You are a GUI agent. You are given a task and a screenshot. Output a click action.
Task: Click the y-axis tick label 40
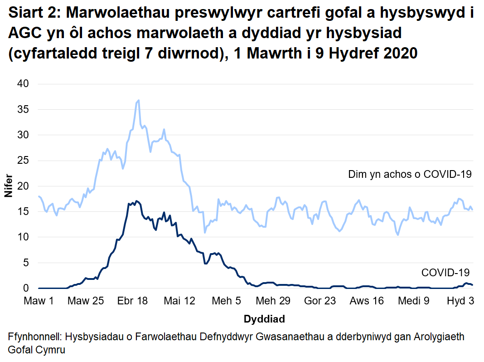[x=23, y=84]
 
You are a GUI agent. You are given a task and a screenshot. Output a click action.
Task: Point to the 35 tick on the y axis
[x=23, y=109]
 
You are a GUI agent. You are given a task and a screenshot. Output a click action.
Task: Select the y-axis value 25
[x=23, y=161]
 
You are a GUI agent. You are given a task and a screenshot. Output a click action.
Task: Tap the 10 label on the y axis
[x=23, y=237]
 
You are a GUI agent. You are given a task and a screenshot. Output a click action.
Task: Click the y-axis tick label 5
[x=26, y=263]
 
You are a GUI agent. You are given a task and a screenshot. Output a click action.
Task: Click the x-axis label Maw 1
[x=39, y=301]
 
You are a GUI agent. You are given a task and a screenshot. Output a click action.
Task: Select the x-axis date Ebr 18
[x=132, y=301]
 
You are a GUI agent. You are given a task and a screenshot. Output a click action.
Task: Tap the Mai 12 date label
[x=179, y=301]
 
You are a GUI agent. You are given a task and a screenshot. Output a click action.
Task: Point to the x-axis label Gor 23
[x=320, y=301]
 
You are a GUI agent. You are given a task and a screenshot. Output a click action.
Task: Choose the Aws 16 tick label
[x=366, y=301]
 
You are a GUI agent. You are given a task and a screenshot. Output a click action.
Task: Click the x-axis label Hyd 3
[x=460, y=301]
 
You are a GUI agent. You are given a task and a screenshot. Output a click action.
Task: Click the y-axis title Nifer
[x=9, y=186]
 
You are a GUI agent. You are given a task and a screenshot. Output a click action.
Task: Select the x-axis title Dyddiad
[x=264, y=319]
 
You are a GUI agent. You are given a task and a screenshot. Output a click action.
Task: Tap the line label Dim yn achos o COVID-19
[x=410, y=174]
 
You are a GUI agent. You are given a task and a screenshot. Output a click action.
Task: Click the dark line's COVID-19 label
[x=445, y=273]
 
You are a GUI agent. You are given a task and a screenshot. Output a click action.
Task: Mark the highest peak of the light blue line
[x=138, y=100]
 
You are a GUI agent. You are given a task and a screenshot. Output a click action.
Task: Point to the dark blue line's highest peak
[x=136, y=201]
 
